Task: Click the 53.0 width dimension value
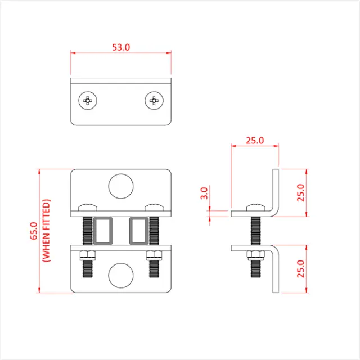[120, 47]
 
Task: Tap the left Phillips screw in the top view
[88, 101]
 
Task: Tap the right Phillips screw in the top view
[154, 101]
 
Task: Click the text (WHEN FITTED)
[47, 231]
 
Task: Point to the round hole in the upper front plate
[120, 186]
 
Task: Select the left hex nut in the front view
[87, 255]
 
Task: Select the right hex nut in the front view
[154, 255]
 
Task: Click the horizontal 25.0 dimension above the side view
[255, 141]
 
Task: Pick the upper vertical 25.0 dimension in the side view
[300, 192]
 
